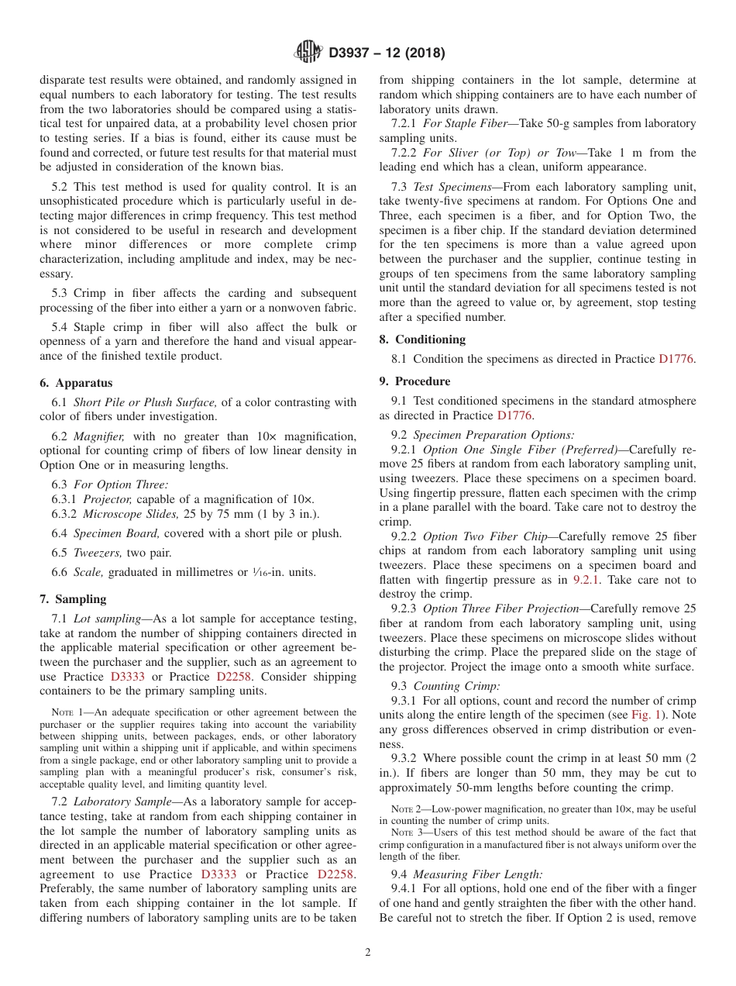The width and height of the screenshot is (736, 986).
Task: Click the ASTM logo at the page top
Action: tap(308, 53)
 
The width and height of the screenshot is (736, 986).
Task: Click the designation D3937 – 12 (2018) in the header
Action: tap(387, 53)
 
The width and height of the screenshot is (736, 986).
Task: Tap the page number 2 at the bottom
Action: tap(368, 953)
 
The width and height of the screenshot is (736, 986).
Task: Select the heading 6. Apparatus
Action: tap(76, 383)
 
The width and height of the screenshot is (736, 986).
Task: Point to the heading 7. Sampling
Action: tap(73, 599)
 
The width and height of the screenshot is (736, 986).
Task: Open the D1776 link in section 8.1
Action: tap(677, 359)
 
